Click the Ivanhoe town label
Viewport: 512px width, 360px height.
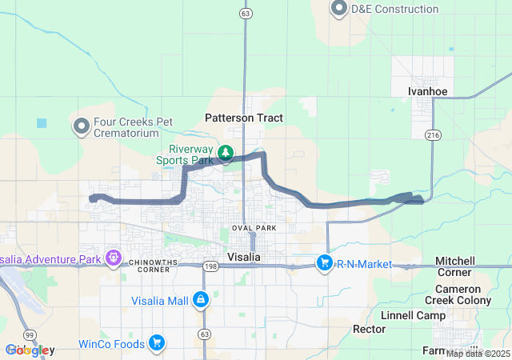pos(427,91)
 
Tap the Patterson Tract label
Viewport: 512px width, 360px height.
pos(244,118)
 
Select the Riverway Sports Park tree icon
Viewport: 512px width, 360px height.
pos(226,152)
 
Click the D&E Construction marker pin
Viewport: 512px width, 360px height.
pos(338,9)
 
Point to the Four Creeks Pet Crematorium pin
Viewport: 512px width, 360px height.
pos(81,126)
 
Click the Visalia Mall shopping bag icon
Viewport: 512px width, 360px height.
pos(200,300)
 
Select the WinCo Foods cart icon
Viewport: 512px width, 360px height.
pos(156,344)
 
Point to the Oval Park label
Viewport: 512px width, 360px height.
pos(253,228)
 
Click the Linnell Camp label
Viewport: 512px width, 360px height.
pos(414,315)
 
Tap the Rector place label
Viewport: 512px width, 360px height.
pos(370,329)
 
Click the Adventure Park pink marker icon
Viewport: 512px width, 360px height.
pos(114,258)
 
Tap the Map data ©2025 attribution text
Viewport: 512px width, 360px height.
pos(478,354)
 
